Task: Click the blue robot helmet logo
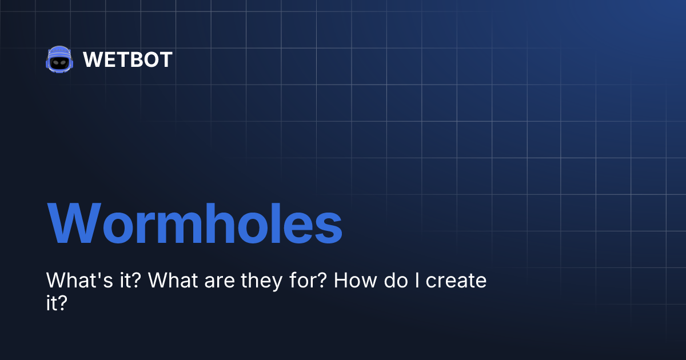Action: pos(58,59)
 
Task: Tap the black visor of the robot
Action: pos(58,62)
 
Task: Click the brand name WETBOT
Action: pos(127,59)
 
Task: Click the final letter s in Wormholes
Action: pos(329,227)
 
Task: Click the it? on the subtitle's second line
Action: pos(57,303)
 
